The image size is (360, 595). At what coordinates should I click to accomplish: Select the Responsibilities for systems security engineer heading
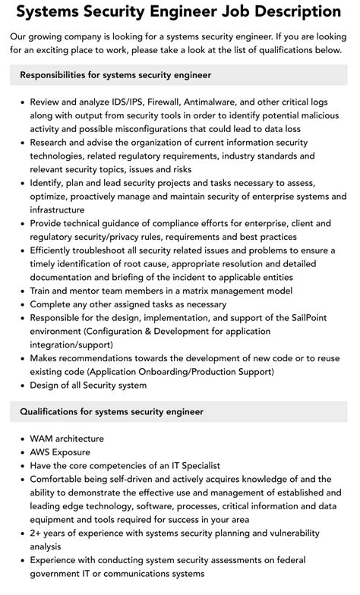pyautogui.click(x=115, y=75)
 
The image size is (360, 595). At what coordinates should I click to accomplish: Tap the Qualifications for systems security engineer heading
pyautogui.click(x=112, y=411)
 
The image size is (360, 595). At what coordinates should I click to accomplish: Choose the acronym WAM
pyautogui.click(x=43, y=439)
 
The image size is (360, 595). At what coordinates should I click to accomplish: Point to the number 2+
pyautogui.click(x=36, y=533)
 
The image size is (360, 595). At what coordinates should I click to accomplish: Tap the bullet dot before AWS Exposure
pyautogui.click(x=22, y=452)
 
